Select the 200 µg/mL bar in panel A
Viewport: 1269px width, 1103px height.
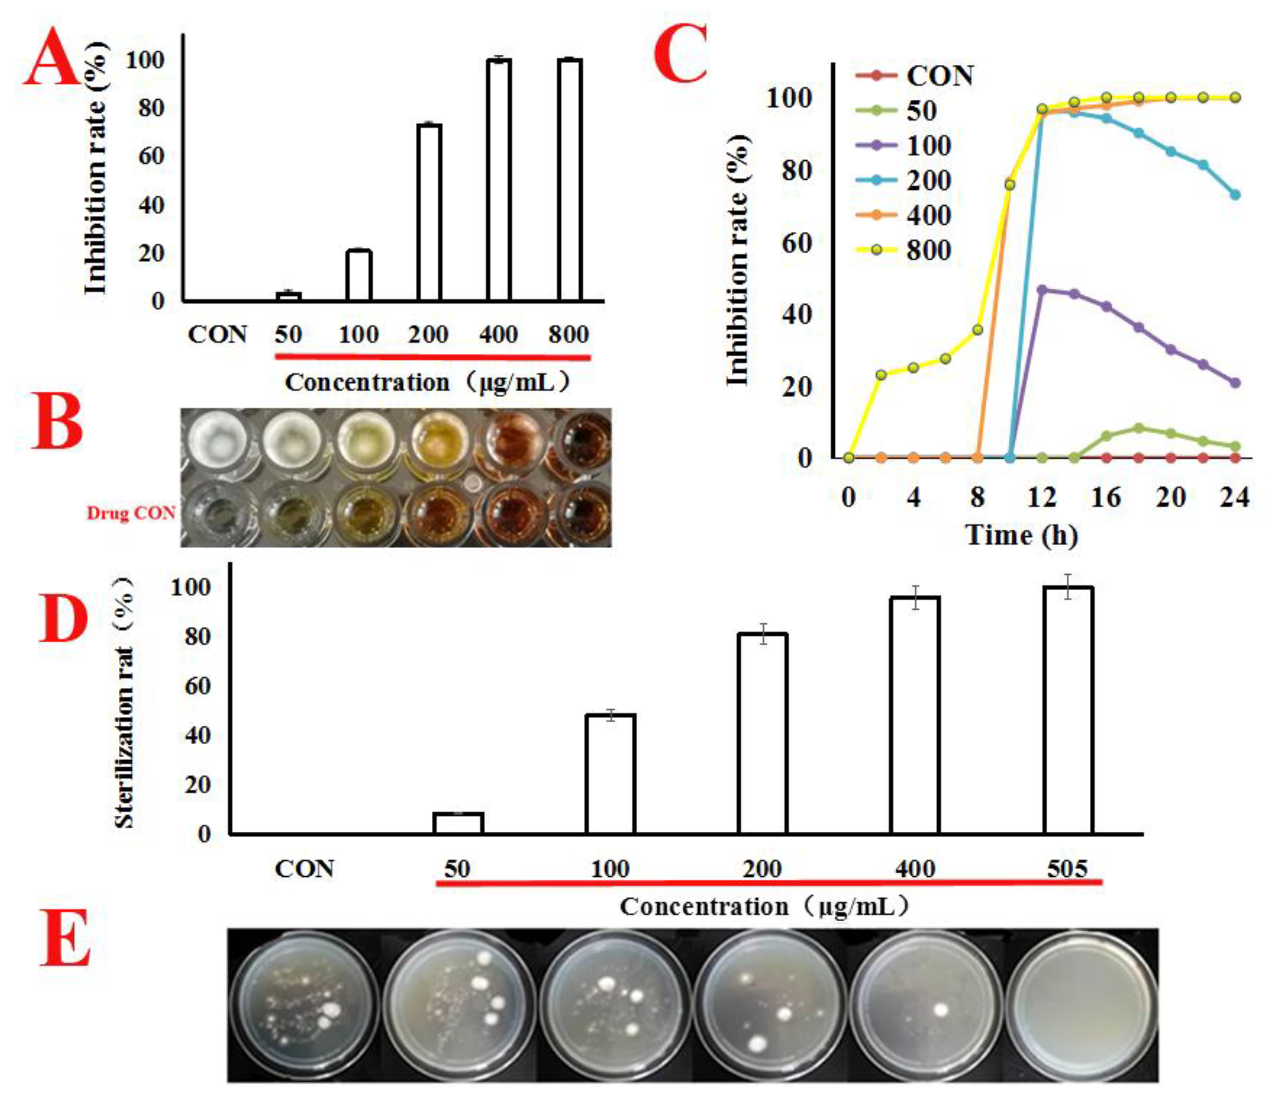pyautogui.click(x=429, y=212)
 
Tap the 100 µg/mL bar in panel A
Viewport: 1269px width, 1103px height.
pyautogui.click(x=359, y=275)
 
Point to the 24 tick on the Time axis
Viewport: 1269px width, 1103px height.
pyautogui.click(x=1234, y=496)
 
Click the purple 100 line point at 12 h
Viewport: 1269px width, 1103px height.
pyautogui.click(x=1042, y=289)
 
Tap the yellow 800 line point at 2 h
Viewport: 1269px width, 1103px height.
pyautogui.click(x=881, y=375)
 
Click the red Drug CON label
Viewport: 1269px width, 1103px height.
pyautogui.click(x=131, y=513)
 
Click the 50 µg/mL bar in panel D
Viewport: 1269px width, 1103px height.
pyautogui.click(x=458, y=823)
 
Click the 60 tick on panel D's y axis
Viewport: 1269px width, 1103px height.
pyautogui.click(x=197, y=686)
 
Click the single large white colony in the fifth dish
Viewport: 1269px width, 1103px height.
pyautogui.click(x=940, y=1009)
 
